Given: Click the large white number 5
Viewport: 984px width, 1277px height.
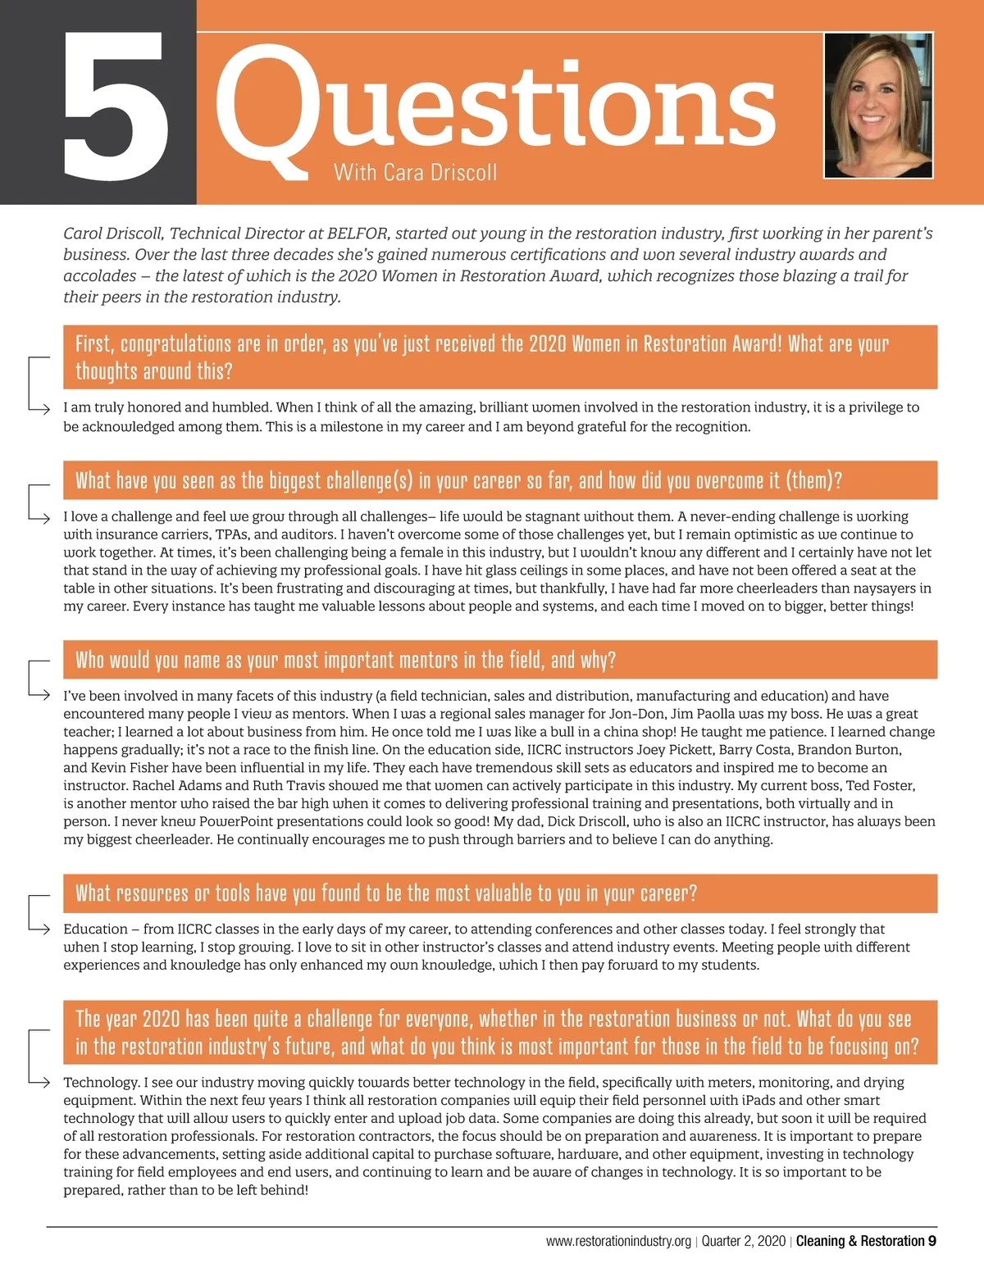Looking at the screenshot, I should pos(116,107).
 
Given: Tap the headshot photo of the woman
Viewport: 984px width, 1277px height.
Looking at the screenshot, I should pos(878,105).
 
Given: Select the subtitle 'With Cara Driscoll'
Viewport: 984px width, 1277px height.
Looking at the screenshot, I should pos(415,173).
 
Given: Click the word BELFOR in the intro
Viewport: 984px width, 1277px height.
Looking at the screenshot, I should pos(358,234).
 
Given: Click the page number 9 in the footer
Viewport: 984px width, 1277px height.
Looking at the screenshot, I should pos(932,1241).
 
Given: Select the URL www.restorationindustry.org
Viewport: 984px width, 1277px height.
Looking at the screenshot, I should pos(618,1241).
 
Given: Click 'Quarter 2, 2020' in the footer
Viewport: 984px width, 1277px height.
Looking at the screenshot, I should pos(743,1241).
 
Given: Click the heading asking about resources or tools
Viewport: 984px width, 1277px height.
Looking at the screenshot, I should pos(386,893).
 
